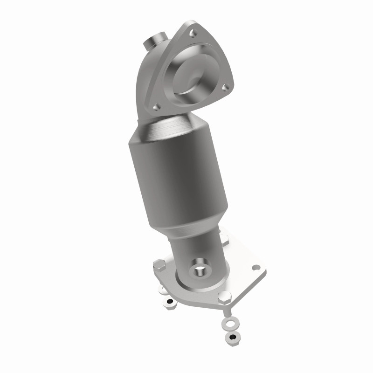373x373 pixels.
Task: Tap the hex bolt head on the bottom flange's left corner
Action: coord(159,266)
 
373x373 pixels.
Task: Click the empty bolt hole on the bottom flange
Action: coord(256,268)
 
